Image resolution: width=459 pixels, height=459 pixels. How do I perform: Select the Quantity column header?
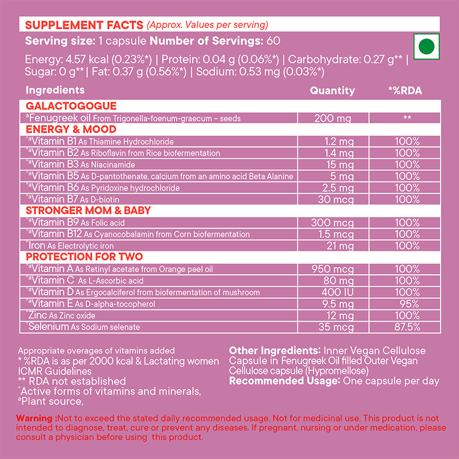[332, 91]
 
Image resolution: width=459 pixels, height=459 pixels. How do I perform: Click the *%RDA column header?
[405, 91]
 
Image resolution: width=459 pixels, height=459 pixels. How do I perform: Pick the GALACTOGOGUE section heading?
[71, 106]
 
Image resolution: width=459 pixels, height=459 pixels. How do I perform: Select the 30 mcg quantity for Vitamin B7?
[332, 199]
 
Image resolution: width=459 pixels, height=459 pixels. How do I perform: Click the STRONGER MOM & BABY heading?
[88, 211]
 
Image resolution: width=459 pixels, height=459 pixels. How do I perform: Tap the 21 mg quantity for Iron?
[332, 246]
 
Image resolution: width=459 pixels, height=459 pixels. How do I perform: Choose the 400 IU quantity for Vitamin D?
[332, 292]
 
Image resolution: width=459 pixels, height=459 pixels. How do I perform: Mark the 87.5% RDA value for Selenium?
[405, 327]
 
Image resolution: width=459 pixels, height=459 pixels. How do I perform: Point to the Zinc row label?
[37, 316]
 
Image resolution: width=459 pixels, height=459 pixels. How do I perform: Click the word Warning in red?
[34, 418]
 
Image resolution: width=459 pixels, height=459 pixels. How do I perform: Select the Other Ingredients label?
[274, 351]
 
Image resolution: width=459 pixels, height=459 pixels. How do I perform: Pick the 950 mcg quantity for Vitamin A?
[332, 269]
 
